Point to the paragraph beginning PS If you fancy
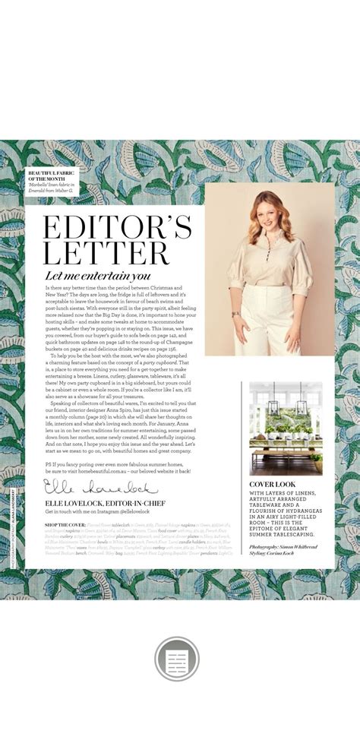pos(114,466)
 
